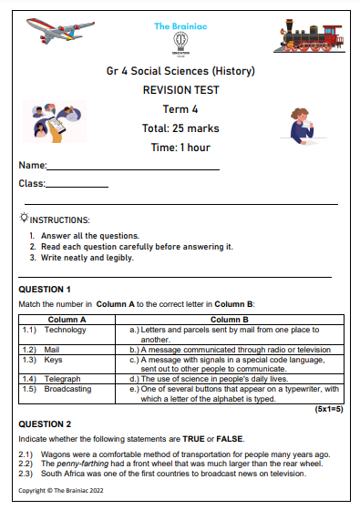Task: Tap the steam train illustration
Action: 307,36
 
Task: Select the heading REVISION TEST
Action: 180,90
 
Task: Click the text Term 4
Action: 180,109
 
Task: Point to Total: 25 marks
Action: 180,128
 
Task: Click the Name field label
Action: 32,166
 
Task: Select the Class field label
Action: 31,184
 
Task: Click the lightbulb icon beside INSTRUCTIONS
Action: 23,219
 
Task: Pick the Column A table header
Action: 67,320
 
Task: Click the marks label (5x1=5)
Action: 325,409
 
